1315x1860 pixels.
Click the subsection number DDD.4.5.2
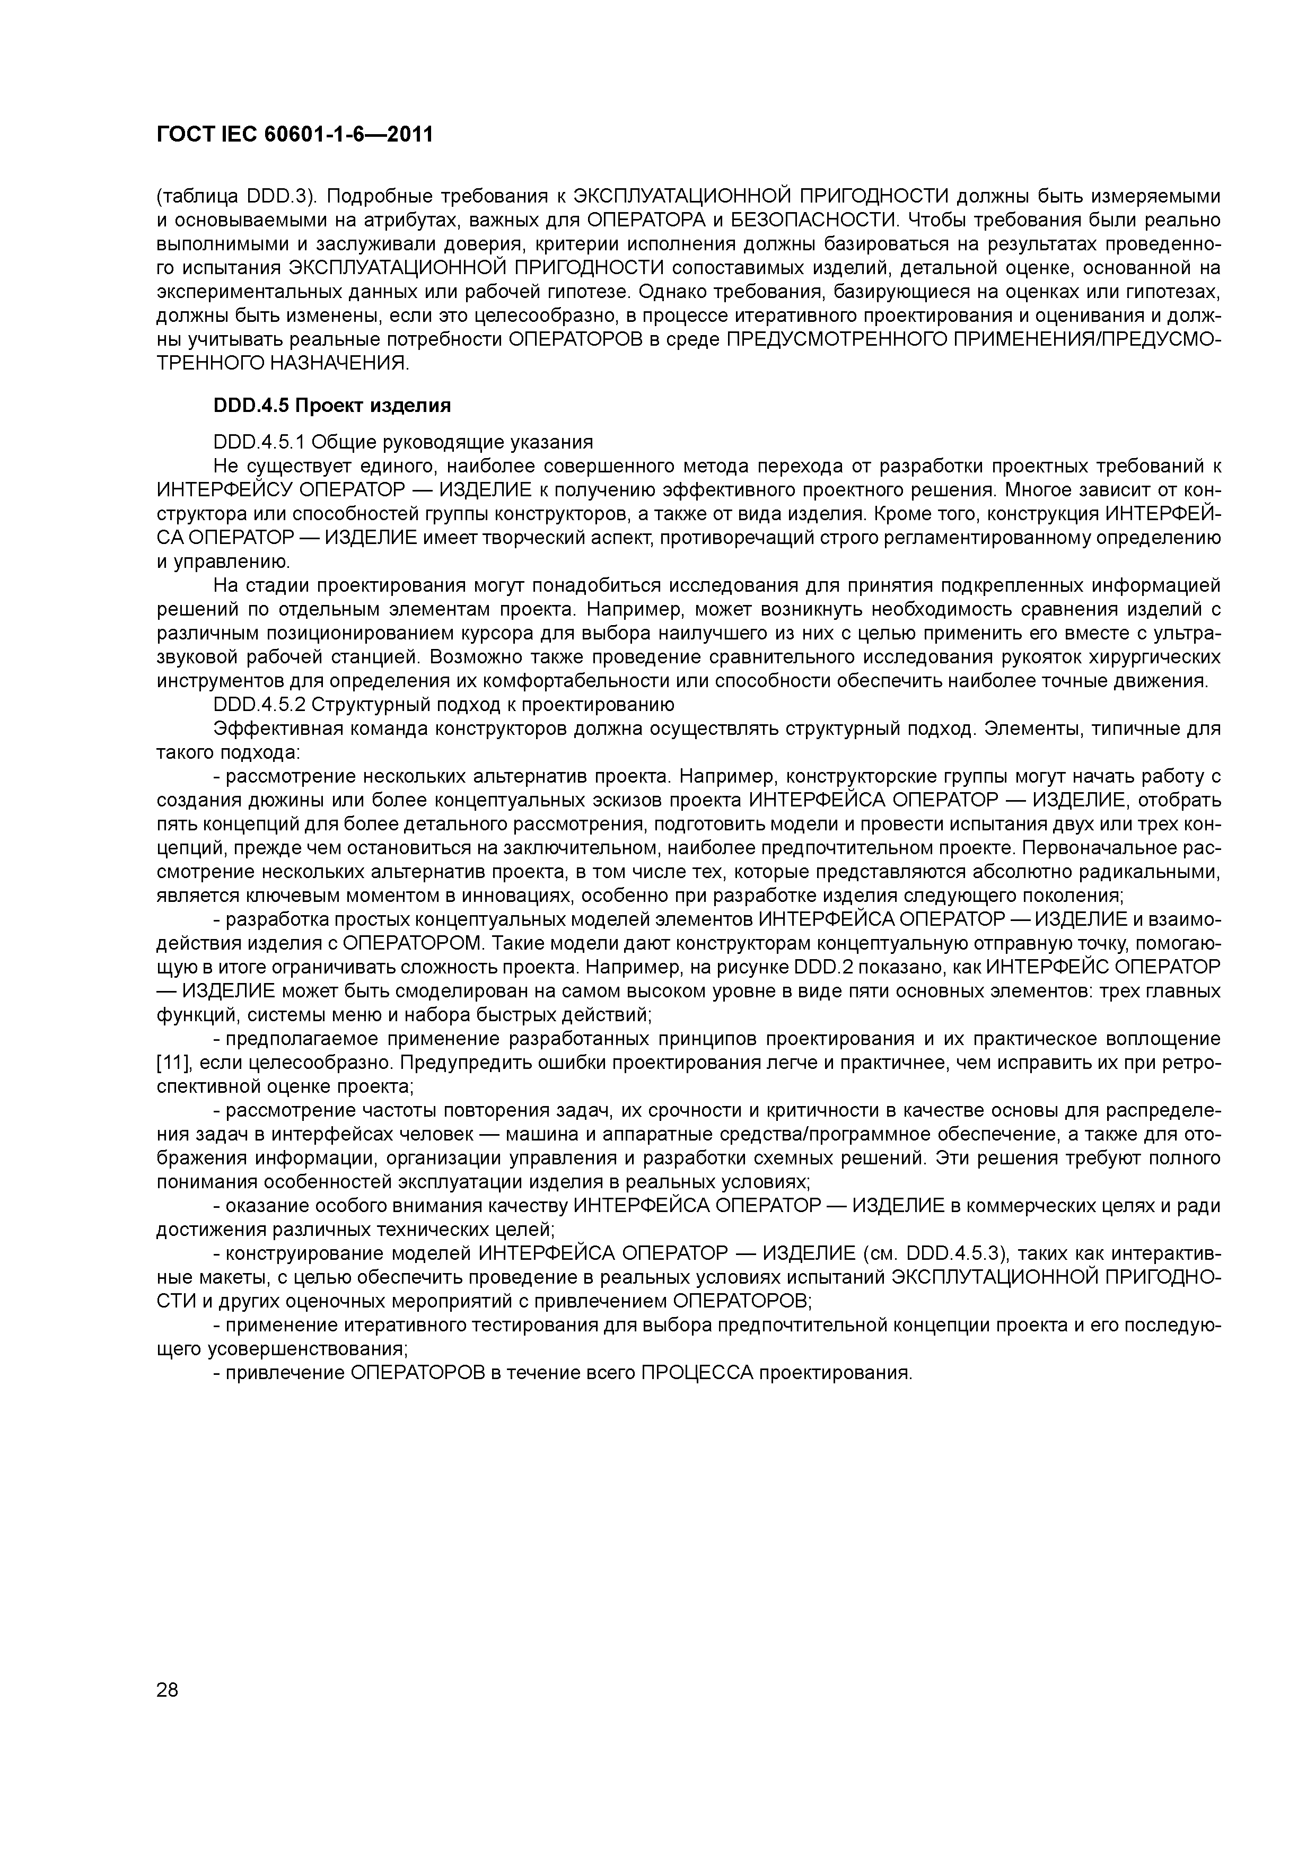[260, 704]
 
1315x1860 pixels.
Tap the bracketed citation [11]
[170, 1062]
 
